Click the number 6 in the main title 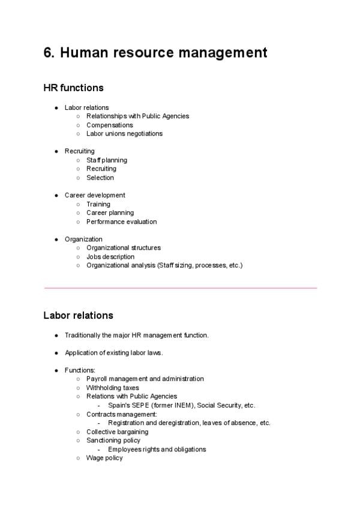(47, 53)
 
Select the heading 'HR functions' (73, 88)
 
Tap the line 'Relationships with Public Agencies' (137, 116)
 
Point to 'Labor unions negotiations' (124, 133)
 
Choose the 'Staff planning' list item (107, 160)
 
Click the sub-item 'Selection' (100, 178)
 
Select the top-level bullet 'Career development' (95, 195)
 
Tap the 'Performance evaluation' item (121, 221)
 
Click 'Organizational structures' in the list (124, 248)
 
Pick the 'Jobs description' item (110, 257)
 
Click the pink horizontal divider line (180, 288)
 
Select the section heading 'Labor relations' (78, 315)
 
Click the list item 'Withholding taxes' (112, 388)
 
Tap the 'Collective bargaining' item (117, 432)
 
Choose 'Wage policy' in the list (104, 458)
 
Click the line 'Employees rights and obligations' (157, 449)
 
